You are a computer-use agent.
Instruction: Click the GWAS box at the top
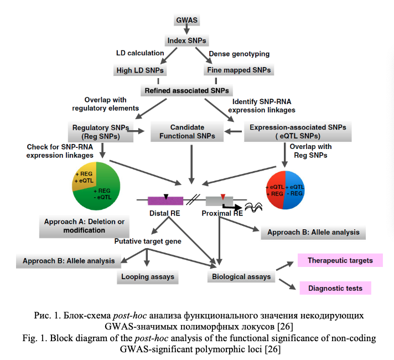[186, 21]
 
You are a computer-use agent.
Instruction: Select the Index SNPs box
[186, 41]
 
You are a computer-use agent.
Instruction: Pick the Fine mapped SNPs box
[239, 71]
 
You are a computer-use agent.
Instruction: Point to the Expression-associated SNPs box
[298, 131]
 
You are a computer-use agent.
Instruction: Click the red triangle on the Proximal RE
[223, 197]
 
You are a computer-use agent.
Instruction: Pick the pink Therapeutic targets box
[340, 260]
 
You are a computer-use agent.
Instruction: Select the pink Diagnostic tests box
[335, 289]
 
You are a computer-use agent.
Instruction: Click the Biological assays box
[241, 276]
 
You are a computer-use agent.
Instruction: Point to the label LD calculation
[140, 54]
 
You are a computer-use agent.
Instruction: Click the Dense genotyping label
[239, 54]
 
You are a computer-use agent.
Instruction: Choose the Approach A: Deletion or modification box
[84, 226]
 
